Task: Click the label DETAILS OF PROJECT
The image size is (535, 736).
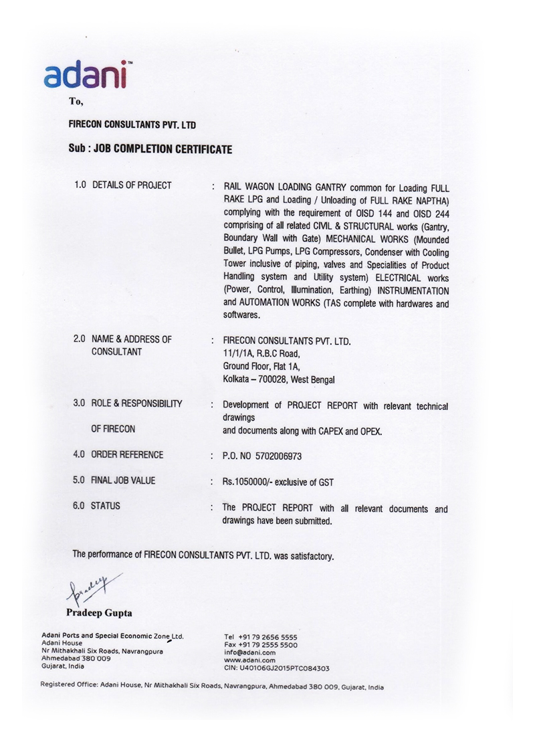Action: (x=131, y=185)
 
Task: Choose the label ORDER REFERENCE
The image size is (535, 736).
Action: (x=127, y=455)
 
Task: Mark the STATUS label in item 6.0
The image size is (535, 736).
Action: (x=106, y=506)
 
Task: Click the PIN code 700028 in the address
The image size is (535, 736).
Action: (x=282, y=379)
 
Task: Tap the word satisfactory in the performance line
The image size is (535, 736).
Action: (x=307, y=555)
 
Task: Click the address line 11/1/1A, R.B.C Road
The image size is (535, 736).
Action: (x=262, y=353)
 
